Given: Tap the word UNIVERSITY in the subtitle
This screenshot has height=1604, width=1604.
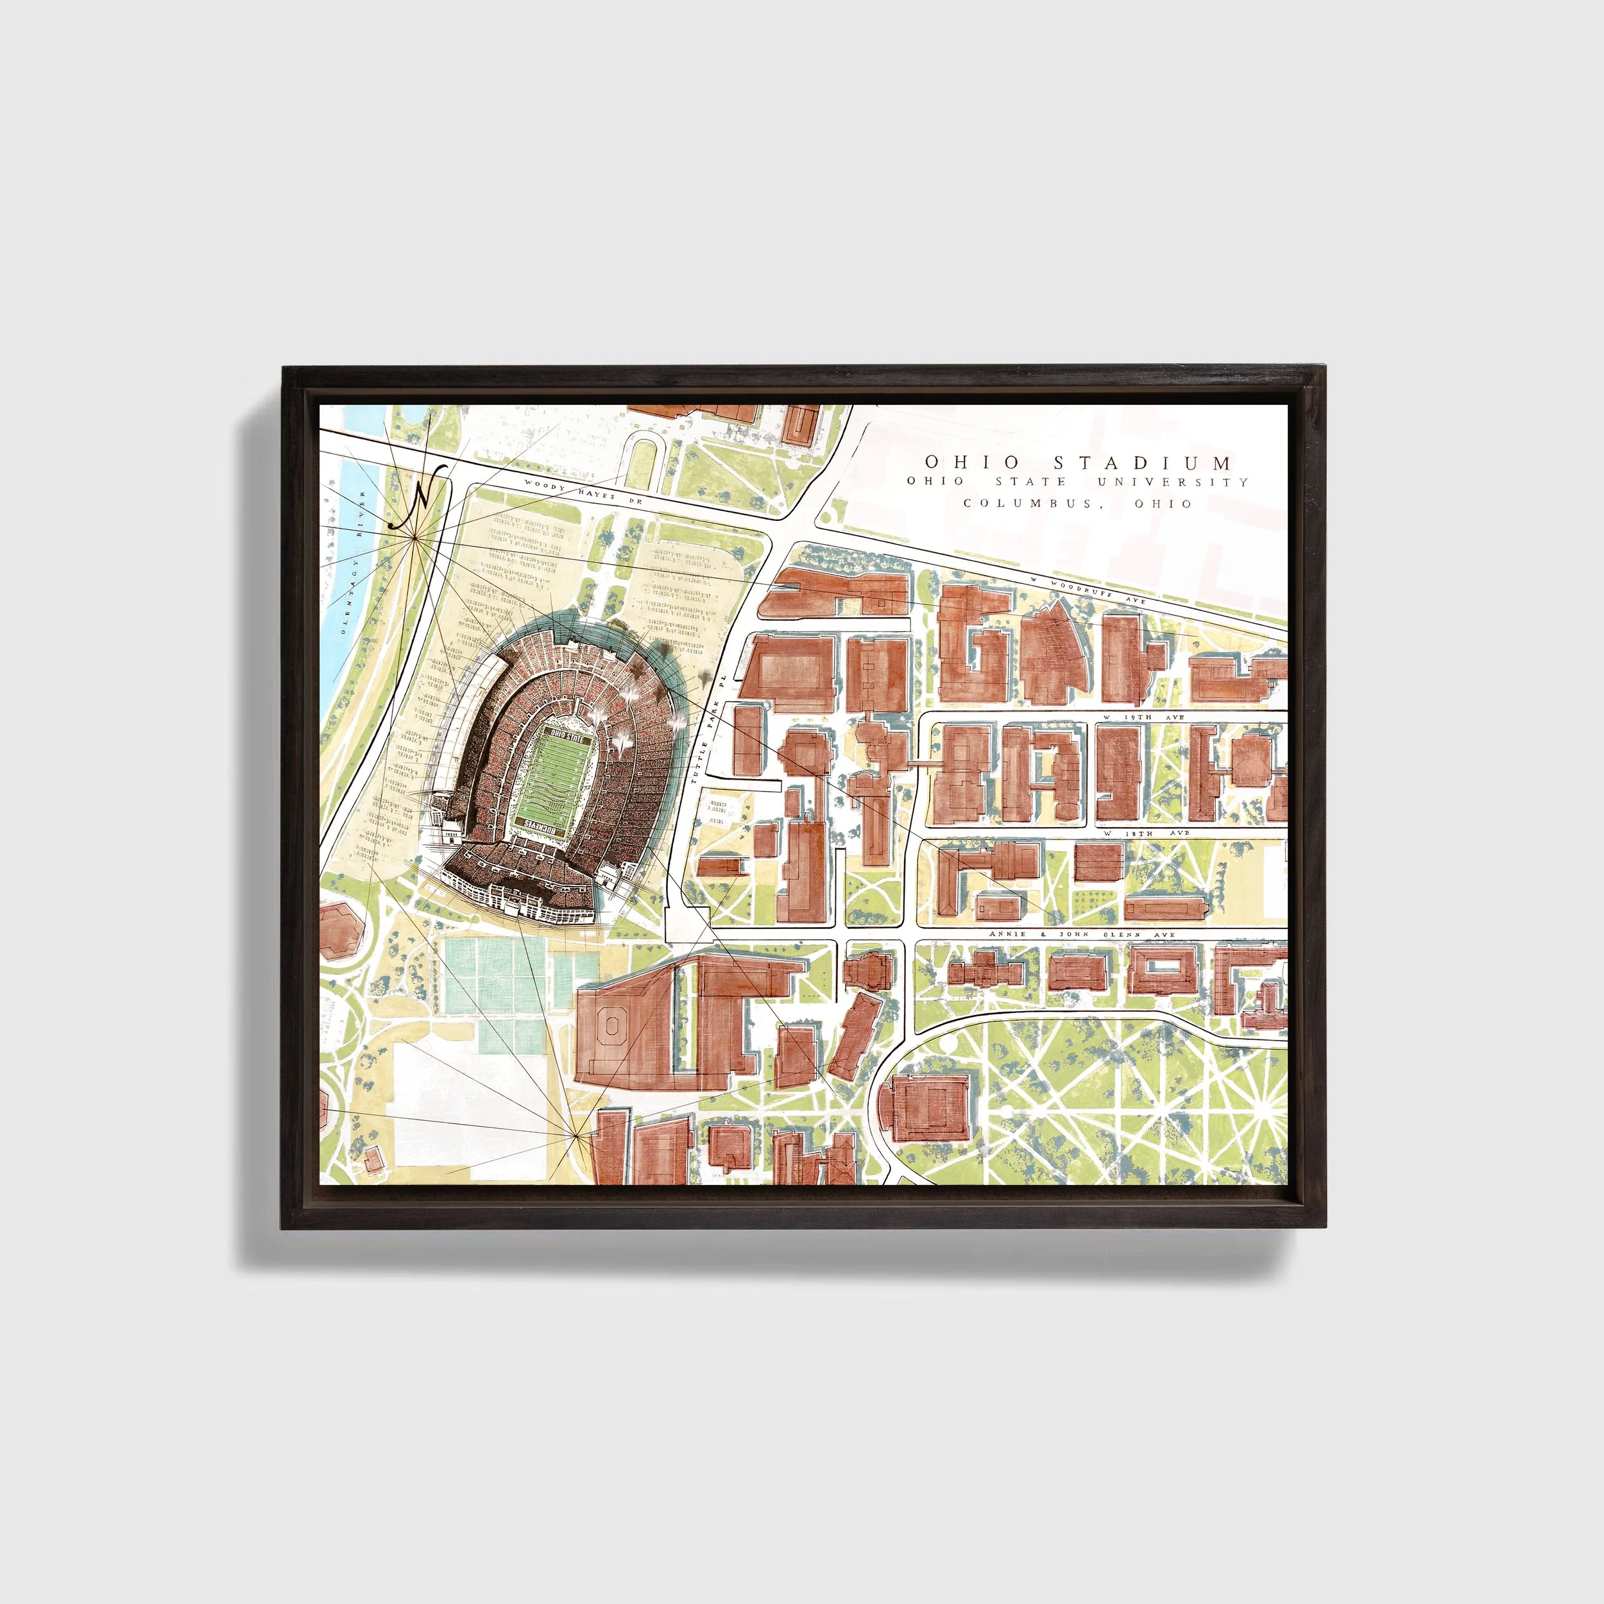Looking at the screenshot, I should pyautogui.click(x=1172, y=482).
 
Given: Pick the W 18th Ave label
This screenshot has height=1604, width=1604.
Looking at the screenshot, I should pyautogui.click(x=1147, y=832).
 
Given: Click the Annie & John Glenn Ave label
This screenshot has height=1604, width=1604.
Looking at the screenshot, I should pyautogui.click(x=1082, y=934).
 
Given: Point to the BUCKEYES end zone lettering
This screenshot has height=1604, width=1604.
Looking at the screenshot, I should pyautogui.click(x=542, y=823).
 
